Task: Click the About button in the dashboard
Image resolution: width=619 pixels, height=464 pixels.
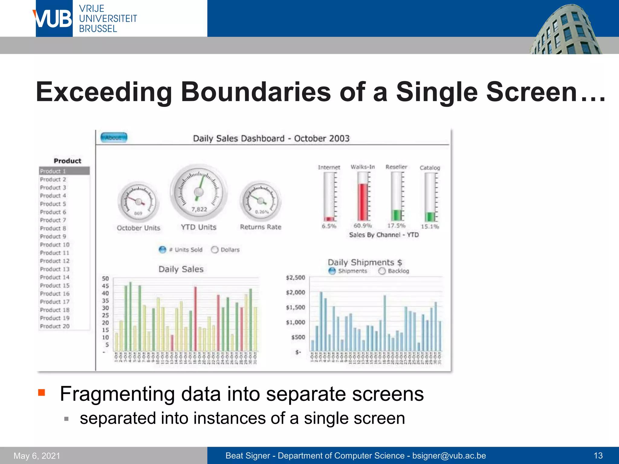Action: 114,138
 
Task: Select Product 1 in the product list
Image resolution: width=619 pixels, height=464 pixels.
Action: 64,171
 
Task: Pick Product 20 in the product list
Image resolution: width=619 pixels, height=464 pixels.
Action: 55,326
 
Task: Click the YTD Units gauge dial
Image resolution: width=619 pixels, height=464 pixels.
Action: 199,192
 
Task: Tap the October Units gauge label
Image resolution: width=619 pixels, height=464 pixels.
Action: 138,228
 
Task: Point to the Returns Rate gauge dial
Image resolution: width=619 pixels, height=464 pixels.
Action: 261,201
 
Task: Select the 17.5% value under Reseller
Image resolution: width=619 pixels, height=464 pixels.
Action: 396,226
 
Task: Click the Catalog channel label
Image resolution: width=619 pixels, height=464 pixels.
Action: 429,168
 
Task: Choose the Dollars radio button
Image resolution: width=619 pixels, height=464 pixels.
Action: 215,250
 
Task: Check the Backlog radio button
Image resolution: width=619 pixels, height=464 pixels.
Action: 382,271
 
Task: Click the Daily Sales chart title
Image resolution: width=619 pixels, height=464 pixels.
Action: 181,269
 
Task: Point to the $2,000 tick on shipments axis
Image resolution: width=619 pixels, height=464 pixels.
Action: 295,292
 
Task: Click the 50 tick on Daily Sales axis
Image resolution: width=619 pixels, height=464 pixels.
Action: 105,279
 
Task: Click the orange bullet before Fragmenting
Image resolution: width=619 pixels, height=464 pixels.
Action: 41,393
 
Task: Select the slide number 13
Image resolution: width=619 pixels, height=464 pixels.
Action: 598,456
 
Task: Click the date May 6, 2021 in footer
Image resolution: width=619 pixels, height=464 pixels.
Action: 37,456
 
